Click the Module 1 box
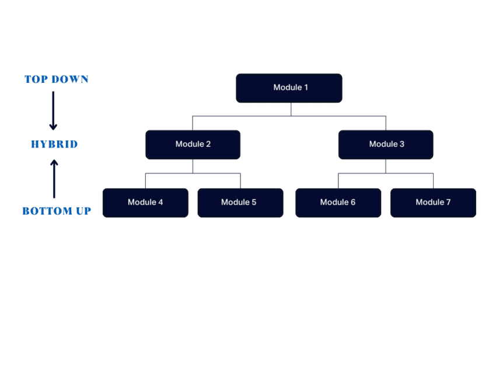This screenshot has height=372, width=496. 289,88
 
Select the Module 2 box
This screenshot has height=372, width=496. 193,145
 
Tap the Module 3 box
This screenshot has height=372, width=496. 386,145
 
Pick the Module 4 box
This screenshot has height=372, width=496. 145,203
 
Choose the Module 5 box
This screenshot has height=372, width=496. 240,203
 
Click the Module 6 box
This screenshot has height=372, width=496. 338,203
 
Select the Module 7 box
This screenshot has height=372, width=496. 433,203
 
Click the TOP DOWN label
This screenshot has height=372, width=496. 57,79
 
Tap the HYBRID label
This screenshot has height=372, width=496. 54,145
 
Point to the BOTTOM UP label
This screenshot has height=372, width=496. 57,211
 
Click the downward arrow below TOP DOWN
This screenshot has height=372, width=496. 53,110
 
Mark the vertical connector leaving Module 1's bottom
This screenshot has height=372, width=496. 291,109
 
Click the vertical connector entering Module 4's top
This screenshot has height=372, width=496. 145,181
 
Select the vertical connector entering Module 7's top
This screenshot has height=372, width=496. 433,181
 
